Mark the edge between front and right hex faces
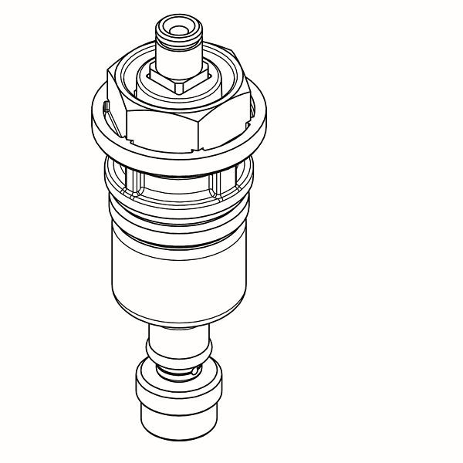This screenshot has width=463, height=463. click(x=199, y=130)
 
